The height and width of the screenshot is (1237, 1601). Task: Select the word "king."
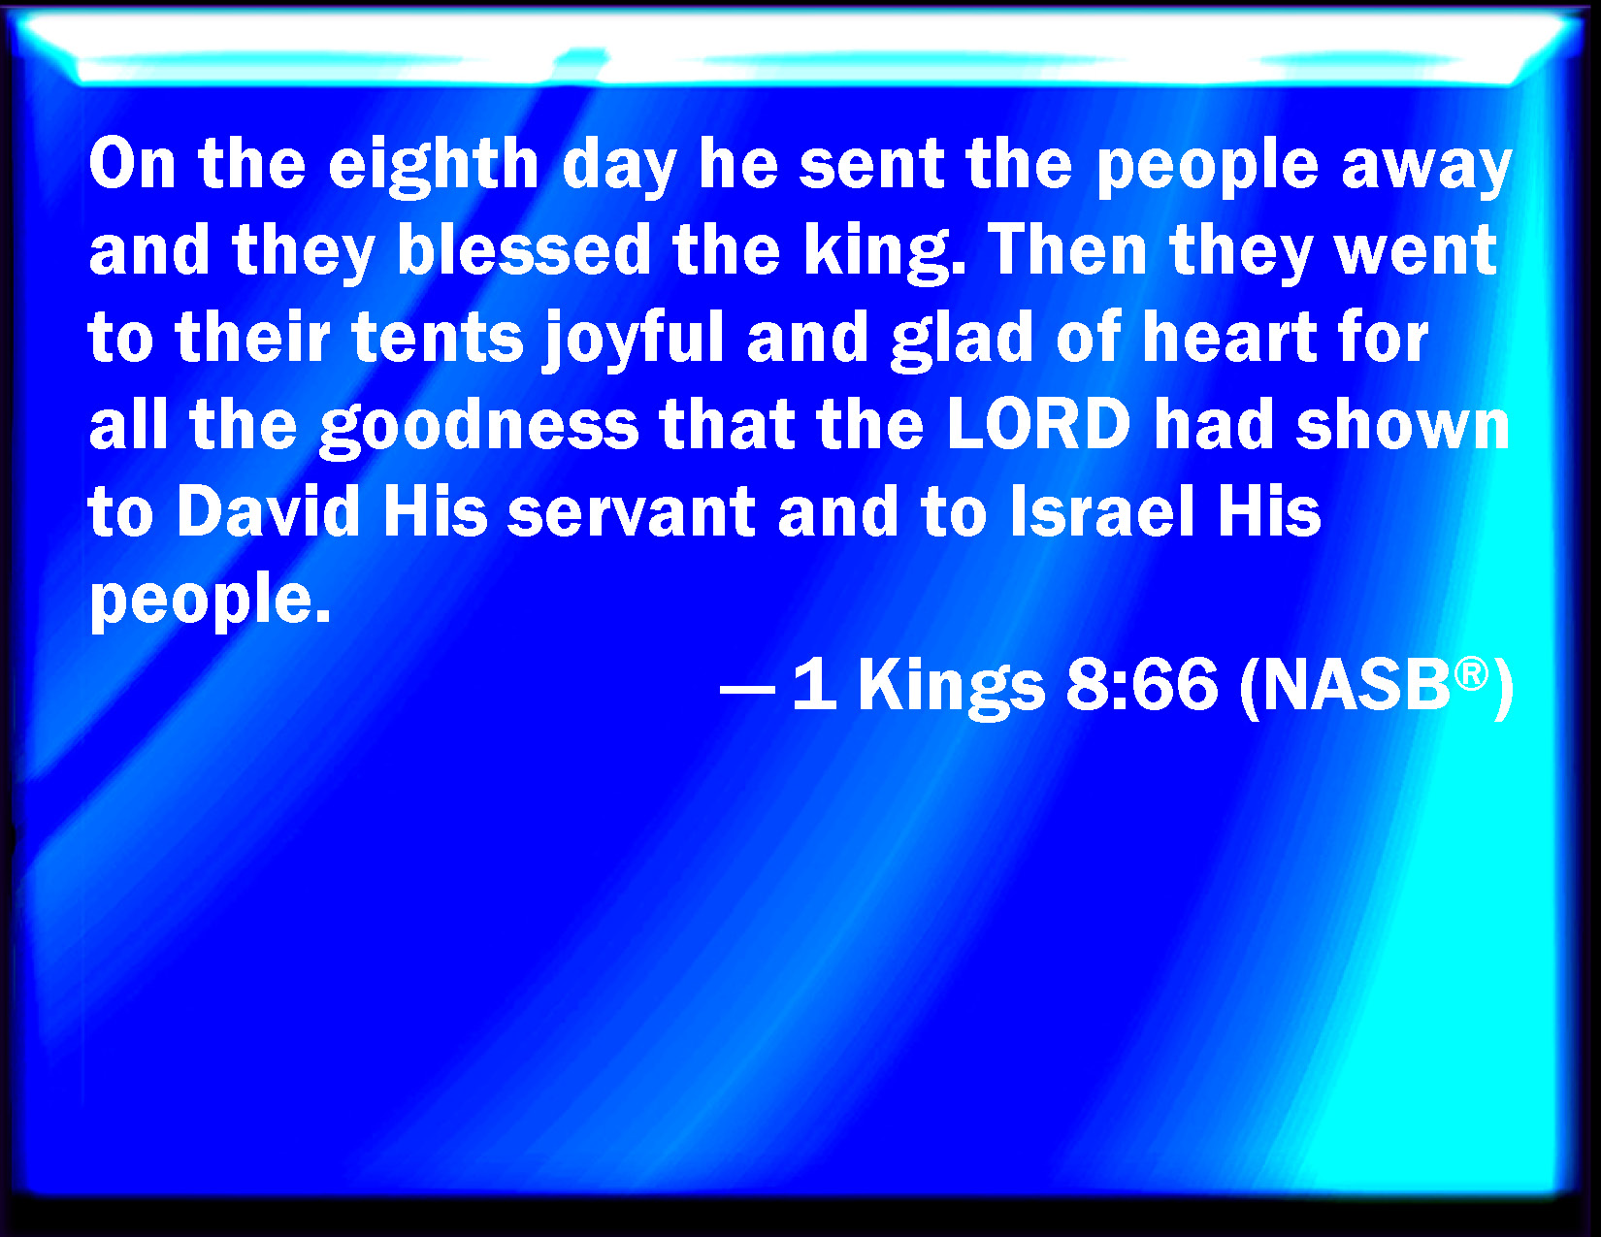click(884, 254)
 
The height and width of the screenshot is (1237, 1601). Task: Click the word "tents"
click(438, 339)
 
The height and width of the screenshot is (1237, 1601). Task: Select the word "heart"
click(1229, 338)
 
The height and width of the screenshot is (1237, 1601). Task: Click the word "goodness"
click(479, 427)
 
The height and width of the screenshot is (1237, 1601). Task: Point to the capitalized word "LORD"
click(1039, 424)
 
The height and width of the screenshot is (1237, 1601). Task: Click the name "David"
click(268, 510)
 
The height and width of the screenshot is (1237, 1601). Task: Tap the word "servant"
click(632, 512)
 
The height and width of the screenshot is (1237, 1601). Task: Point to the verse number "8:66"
click(1141, 684)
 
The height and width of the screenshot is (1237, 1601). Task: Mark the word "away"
click(1426, 170)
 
